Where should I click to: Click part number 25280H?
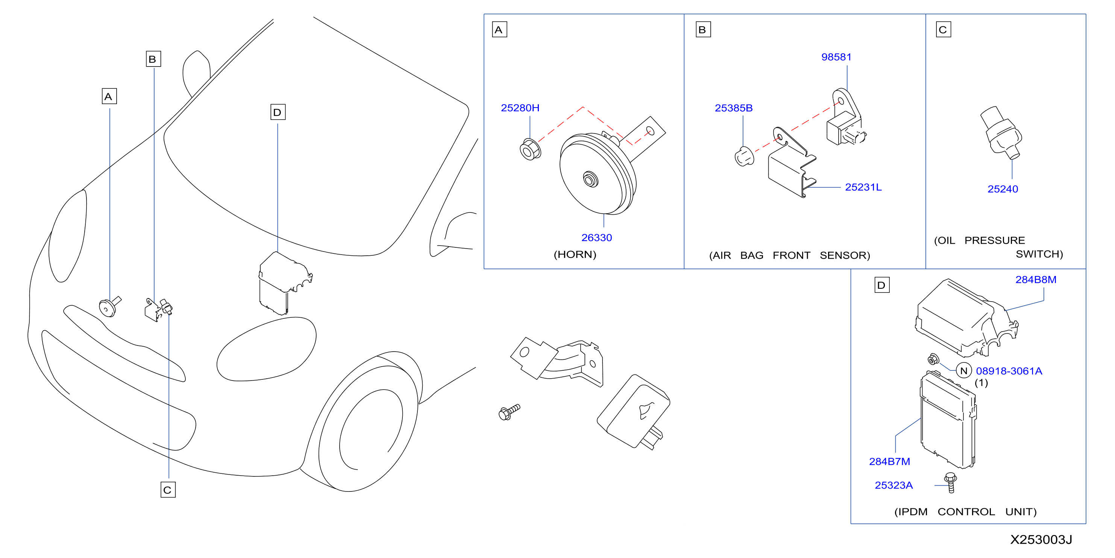click(520, 108)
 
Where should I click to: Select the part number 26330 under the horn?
click(596, 238)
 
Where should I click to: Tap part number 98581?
click(836, 57)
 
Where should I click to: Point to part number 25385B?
click(733, 108)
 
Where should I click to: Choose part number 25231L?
click(863, 187)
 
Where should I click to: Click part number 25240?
click(1003, 189)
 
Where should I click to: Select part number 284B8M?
click(1036, 280)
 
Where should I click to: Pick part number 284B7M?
click(889, 461)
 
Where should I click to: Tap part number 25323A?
click(894, 485)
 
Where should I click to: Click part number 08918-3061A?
click(1009, 371)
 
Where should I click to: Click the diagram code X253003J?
click(1041, 539)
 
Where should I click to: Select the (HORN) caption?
click(575, 255)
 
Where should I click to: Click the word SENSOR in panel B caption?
click(845, 255)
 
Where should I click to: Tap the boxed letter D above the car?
click(278, 112)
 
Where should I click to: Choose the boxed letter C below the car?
click(168, 490)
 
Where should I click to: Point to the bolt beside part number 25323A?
click(951, 482)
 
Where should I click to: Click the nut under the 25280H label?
click(530, 149)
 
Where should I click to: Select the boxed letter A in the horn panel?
click(499, 30)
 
